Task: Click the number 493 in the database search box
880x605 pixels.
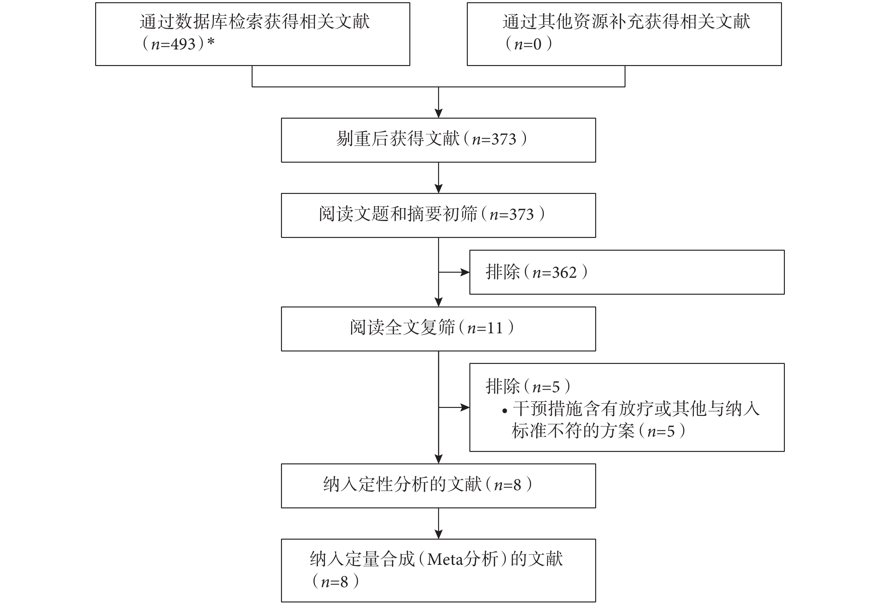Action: point(183,44)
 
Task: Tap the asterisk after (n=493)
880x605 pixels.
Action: point(211,41)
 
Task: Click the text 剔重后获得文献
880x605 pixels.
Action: point(398,139)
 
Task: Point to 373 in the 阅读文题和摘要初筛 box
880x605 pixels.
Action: point(521,215)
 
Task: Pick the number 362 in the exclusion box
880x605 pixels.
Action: point(564,273)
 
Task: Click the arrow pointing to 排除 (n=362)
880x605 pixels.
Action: point(454,272)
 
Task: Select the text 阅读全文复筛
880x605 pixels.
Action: point(402,328)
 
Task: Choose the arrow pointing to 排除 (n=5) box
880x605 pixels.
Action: point(454,408)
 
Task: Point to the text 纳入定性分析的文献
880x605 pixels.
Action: point(403,484)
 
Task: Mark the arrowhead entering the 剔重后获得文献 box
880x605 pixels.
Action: point(439,113)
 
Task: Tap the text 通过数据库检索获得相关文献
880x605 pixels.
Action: point(254,22)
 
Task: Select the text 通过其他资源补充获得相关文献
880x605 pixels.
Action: point(626,22)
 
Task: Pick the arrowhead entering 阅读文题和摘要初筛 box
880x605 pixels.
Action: point(439,189)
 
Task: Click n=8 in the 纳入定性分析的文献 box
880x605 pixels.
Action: point(507,485)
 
